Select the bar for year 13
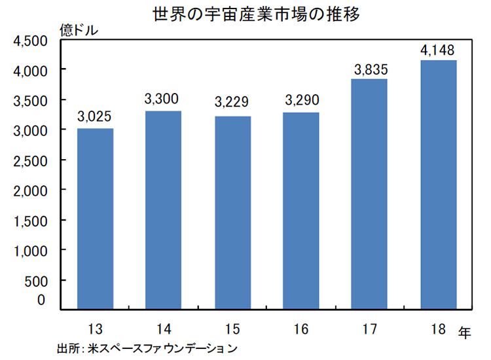click(x=95, y=218)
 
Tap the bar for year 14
click(x=164, y=209)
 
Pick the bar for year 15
click(x=232, y=212)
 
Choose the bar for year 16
click(x=301, y=210)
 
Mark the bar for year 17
click(x=370, y=194)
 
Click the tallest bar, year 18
click(x=438, y=184)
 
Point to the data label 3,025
click(x=95, y=117)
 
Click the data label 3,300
click(x=163, y=100)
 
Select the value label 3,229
click(x=232, y=104)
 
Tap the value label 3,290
click(x=301, y=101)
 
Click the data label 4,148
click(x=438, y=50)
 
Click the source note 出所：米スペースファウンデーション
click(x=147, y=348)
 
